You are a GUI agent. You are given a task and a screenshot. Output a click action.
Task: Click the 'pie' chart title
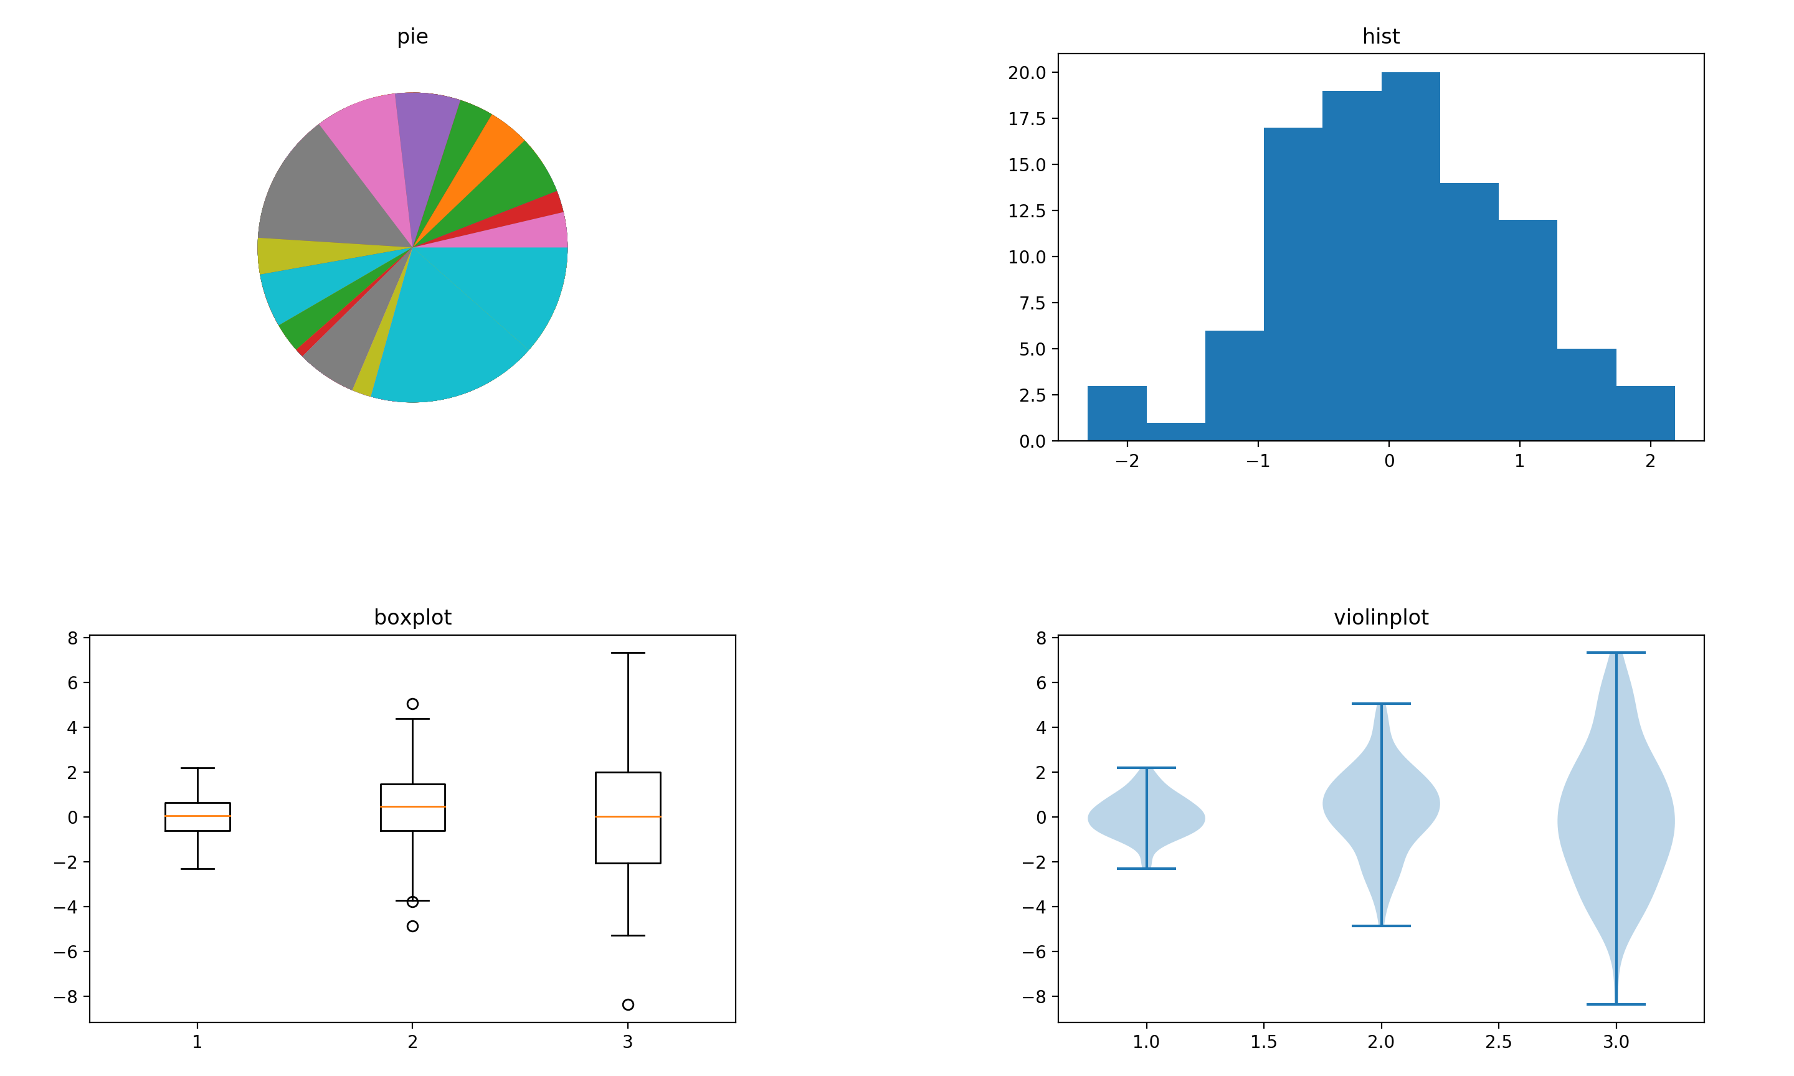412,36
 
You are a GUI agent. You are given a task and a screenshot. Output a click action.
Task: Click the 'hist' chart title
1380,36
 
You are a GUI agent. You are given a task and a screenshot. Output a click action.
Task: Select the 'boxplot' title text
412,617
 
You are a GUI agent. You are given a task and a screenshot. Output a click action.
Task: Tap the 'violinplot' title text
1380,617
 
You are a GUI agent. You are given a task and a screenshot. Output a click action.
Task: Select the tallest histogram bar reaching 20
1410,254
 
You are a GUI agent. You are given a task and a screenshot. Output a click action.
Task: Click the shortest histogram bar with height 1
1175,432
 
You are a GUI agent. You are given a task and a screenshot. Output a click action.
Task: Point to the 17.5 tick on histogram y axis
1026,119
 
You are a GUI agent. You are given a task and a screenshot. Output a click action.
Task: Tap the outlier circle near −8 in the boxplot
627,1004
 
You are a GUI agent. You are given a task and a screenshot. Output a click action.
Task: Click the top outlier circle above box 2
412,703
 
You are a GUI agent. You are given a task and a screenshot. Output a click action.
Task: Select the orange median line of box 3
627,816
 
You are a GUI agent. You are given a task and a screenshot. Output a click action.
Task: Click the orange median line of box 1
197,816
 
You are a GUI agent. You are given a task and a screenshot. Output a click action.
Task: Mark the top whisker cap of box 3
627,653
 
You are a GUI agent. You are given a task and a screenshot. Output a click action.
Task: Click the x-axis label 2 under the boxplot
412,1042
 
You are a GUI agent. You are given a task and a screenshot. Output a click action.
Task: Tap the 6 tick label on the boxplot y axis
72,683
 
